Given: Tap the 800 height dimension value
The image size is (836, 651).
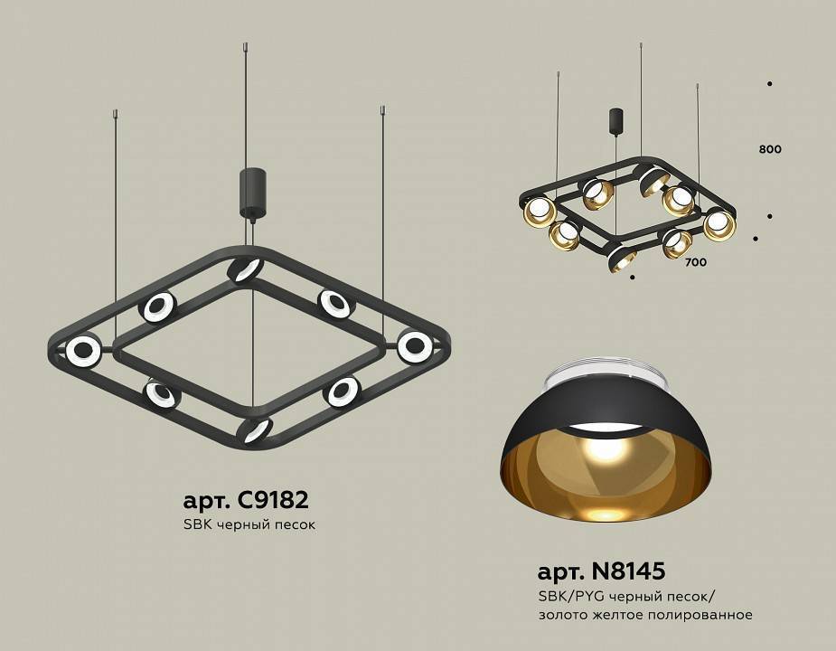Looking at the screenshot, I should pos(770,149).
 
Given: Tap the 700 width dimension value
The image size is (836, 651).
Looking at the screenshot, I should pos(695,263).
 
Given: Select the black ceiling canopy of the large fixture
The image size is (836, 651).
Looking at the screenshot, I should pos(250,193).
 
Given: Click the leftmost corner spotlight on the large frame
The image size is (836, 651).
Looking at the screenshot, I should pos(83,350).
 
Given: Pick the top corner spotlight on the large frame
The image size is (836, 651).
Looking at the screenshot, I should pos(244,269).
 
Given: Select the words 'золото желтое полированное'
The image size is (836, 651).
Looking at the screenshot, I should pos(645,615).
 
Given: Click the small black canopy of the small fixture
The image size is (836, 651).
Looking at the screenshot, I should pos(616,121).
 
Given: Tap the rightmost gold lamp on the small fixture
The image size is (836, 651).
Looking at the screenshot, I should pos(719,224).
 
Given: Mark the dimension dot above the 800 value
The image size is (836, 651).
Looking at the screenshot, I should pos(769,84).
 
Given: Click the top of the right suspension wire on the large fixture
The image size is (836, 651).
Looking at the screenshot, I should pos(382,111).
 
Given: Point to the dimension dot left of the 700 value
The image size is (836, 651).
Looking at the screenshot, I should pos(632,277).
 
